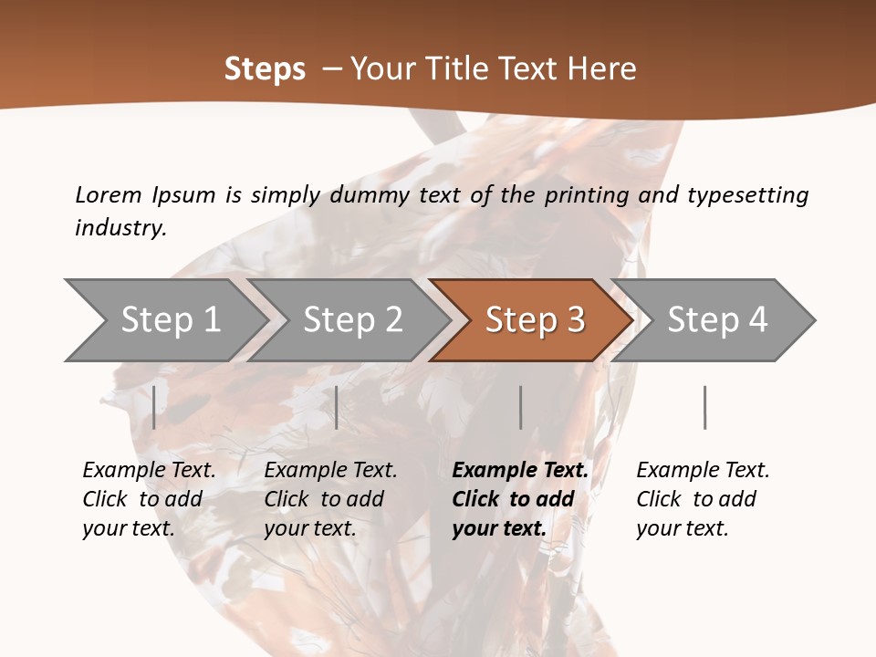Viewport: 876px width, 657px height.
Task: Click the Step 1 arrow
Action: pos(171,320)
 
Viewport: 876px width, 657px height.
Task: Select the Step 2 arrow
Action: pos(353,320)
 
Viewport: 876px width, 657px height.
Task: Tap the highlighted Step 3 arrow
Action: pos(536,320)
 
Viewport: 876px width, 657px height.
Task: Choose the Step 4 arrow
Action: pos(717,320)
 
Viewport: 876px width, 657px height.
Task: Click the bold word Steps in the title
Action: pos(265,69)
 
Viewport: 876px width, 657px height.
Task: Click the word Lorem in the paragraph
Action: pos(108,194)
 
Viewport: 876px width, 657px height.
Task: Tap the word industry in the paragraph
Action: pos(120,227)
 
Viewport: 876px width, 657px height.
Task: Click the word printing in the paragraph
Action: pos(586,194)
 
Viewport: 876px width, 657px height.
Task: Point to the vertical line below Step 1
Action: pos(154,407)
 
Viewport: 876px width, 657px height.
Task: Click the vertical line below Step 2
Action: pos(337,407)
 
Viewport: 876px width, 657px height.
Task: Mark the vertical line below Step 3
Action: pos(520,407)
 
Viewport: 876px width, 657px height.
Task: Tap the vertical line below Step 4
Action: pos(704,407)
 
